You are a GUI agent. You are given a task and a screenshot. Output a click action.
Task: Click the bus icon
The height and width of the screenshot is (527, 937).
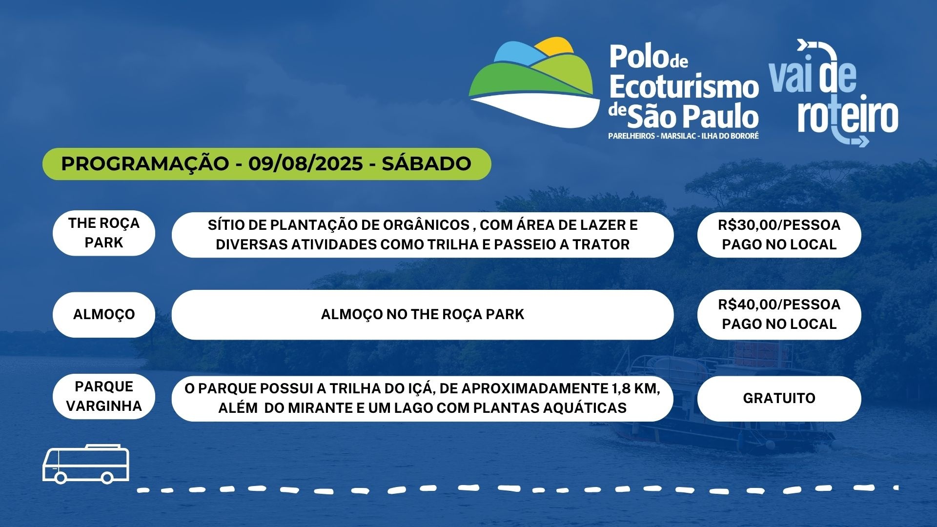tap(86, 464)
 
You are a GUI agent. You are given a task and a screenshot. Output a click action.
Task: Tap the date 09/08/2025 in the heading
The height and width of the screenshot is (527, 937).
tap(306, 163)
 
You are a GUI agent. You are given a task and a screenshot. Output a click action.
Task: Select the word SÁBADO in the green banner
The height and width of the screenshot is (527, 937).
tap(426, 163)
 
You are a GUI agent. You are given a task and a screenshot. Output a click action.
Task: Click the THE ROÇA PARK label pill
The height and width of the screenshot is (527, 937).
tap(104, 233)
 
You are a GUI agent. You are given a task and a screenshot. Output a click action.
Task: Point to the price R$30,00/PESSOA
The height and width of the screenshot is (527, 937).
tap(779, 225)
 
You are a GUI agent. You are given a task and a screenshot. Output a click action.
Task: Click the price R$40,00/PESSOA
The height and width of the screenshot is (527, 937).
tap(779, 304)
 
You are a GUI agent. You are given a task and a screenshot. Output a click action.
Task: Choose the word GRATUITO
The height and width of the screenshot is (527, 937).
tap(779, 398)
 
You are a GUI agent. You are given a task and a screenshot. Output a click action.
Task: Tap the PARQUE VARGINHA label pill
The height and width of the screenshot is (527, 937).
tap(104, 396)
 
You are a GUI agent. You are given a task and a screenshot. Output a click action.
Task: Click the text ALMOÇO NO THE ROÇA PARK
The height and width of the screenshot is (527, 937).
tap(423, 314)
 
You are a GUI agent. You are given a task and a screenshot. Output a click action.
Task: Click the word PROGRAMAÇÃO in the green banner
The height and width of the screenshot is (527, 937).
tap(145, 163)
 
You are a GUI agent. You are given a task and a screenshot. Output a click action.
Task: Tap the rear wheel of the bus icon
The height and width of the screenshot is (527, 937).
tap(61, 477)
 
